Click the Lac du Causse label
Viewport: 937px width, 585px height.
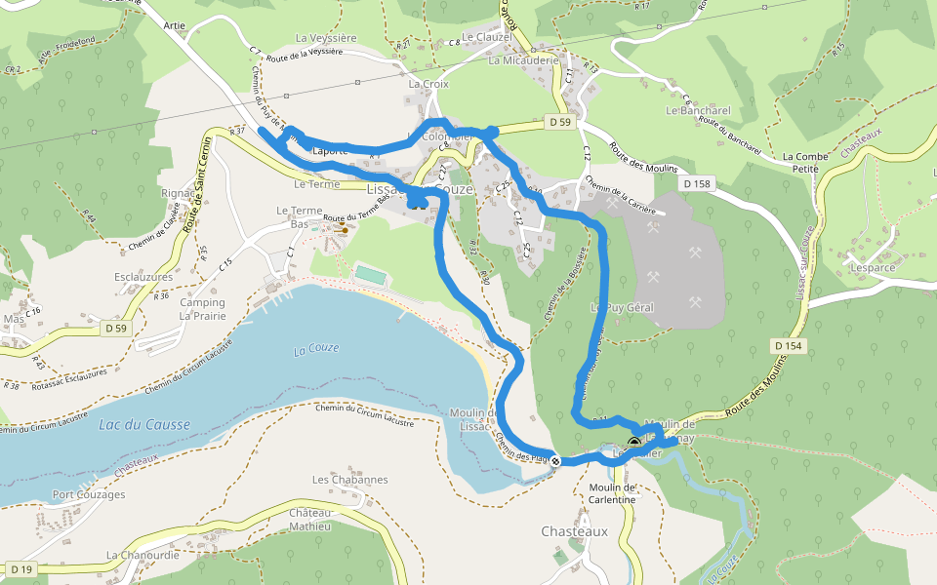pyautogui.click(x=144, y=424)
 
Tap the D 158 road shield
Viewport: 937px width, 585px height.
pyautogui.click(x=697, y=183)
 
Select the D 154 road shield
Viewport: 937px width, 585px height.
pyautogui.click(x=788, y=346)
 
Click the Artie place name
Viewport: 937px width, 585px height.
pyautogui.click(x=175, y=25)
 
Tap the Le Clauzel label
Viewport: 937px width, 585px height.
pyautogui.click(x=487, y=37)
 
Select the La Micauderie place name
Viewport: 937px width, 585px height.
pyautogui.click(x=523, y=59)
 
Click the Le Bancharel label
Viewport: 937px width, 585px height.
pyautogui.click(x=698, y=110)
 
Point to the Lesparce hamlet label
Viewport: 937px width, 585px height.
pyautogui.click(x=872, y=267)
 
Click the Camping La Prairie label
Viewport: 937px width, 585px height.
pyautogui.click(x=202, y=309)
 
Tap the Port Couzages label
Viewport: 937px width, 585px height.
pyautogui.click(x=89, y=494)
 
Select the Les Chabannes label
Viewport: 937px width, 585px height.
pyautogui.click(x=349, y=480)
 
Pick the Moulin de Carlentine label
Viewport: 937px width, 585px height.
pyautogui.click(x=612, y=493)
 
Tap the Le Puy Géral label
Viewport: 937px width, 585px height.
pyautogui.click(x=622, y=307)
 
